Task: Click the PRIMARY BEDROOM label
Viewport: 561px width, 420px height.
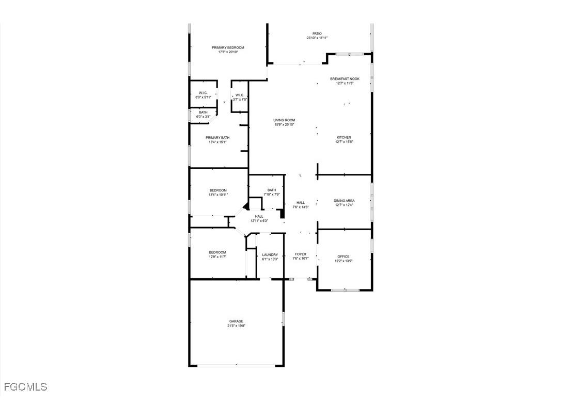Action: click(x=228, y=47)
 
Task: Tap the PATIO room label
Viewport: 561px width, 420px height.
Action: click(x=317, y=34)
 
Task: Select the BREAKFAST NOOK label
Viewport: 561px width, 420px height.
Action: click(x=345, y=79)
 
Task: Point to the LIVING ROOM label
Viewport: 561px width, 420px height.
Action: click(x=284, y=120)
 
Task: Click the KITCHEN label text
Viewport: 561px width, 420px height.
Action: click(x=344, y=137)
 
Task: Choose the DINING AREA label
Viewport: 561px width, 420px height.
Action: click(x=344, y=201)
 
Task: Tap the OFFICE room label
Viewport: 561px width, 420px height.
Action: click(x=344, y=256)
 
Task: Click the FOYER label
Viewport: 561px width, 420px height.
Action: click(x=301, y=254)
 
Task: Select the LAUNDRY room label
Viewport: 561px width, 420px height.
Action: click(x=270, y=254)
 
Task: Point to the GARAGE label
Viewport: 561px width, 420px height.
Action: click(x=237, y=321)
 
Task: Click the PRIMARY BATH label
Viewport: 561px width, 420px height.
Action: click(x=217, y=138)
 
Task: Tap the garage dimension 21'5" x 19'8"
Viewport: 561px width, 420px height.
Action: click(x=237, y=326)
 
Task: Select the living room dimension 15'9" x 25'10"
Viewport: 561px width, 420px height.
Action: click(x=284, y=124)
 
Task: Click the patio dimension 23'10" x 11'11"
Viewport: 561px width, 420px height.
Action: click(x=317, y=38)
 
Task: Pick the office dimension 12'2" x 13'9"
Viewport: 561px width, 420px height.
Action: click(x=344, y=261)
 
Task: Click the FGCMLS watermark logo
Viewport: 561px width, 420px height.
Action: click(x=25, y=386)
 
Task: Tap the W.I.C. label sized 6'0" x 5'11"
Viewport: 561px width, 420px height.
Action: click(x=203, y=93)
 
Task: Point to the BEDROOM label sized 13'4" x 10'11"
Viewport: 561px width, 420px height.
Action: click(x=218, y=190)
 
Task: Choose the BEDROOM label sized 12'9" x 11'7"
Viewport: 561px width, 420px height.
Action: click(x=217, y=252)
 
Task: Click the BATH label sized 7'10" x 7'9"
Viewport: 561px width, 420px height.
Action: click(x=272, y=190)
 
